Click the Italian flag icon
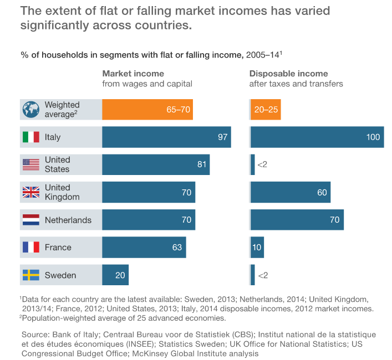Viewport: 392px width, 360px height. [31, 137]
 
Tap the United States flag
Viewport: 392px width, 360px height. [31, 164]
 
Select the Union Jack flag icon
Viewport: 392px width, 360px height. [31, 192]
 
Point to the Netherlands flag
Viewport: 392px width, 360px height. [31, 220]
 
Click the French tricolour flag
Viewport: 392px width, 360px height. [31, 248]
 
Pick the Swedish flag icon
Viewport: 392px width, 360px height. [31, 275]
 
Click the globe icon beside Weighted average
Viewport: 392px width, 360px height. [31, 109]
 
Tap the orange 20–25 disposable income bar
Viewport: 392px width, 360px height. [266, 109]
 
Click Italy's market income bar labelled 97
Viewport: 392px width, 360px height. [166, 137]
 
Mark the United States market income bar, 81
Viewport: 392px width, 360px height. [156, 164]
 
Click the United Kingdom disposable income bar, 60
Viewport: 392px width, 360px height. [291, 192]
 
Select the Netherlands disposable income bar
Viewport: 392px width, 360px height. [297, 220]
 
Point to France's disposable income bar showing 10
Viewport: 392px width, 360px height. [257, 248]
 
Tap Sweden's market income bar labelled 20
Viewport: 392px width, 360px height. [115, 275]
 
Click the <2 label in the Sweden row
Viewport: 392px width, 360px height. [262, 275]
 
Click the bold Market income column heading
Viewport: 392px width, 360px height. [133, 74]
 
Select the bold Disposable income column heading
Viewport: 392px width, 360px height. [288, 74]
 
